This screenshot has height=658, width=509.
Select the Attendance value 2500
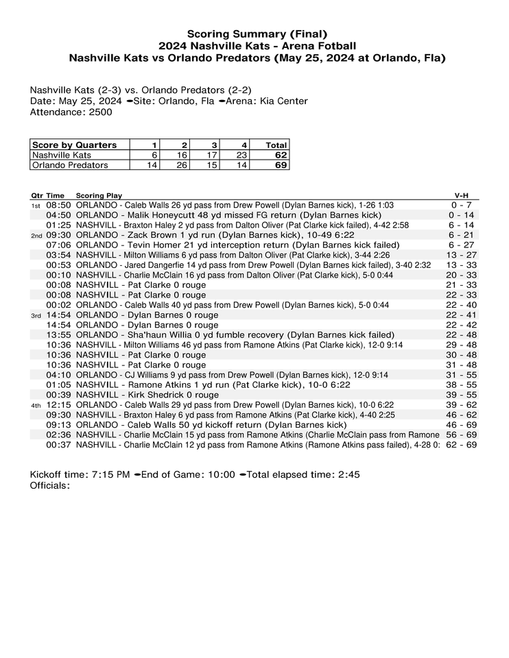coord(101,112)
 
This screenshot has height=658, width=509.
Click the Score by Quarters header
coord(75,145)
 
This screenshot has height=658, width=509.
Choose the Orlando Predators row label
coord(70,165)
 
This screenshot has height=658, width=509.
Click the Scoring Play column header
coord(99,195)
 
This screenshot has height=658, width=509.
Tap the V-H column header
coord(462,195)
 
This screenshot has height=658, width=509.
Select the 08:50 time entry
coord(58,205)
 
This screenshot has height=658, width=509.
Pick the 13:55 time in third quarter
coord(58,335)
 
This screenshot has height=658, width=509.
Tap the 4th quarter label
coord(36,406)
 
